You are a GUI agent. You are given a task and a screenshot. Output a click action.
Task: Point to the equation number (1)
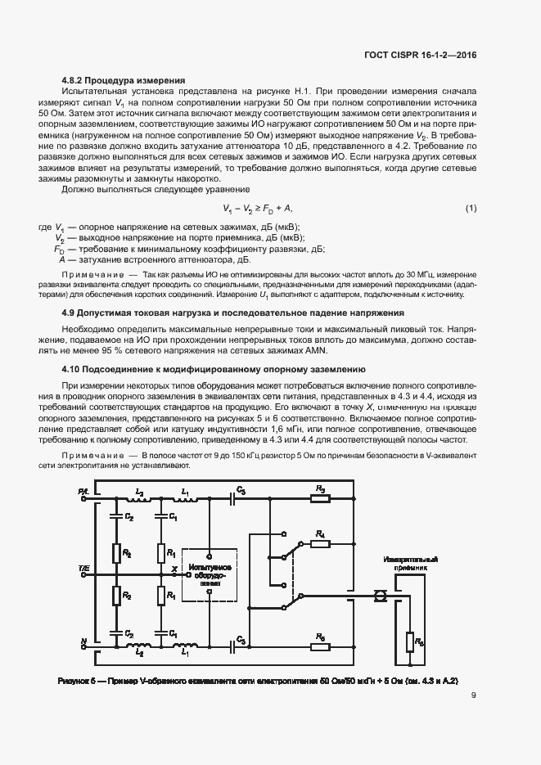471,209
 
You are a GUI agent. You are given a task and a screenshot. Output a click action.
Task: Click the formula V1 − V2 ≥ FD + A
257,209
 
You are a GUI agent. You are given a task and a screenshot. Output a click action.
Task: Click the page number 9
473,696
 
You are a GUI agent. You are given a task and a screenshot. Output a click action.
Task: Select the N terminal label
84,641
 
